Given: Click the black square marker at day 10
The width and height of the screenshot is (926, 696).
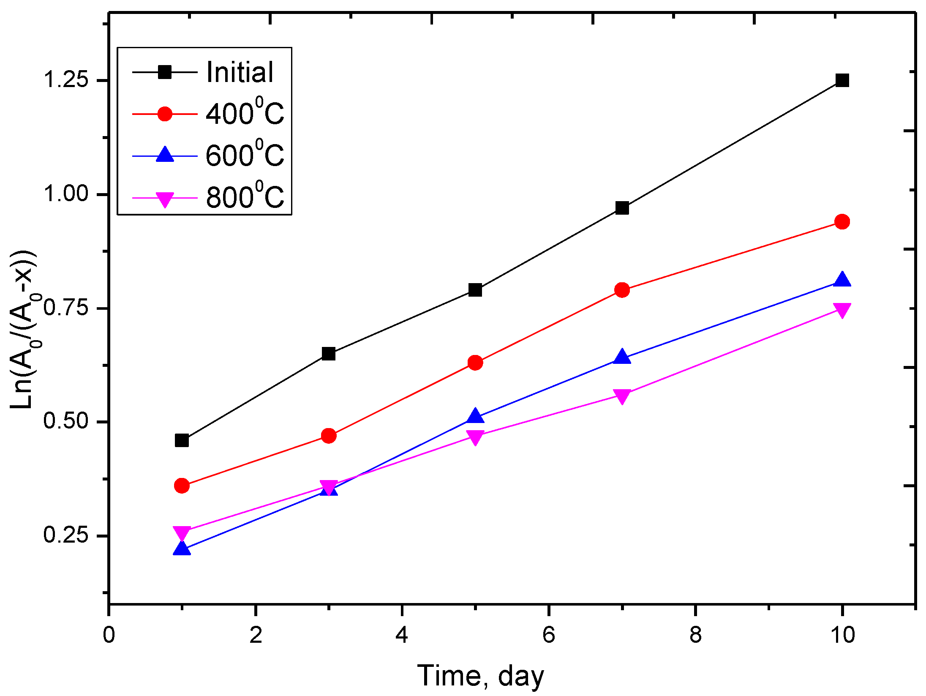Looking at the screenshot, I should pos(842,80).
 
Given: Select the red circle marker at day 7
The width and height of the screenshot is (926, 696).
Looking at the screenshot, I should pos(622,290).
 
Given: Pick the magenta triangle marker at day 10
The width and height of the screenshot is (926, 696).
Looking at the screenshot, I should pos(842,310).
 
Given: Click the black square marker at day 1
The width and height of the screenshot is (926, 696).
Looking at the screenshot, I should pos(182,440).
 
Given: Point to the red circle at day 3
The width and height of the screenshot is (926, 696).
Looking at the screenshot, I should pos(329,436).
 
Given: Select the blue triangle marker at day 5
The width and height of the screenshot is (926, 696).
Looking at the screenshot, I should pos(475,416).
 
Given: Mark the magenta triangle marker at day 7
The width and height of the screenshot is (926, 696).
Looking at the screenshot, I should pos(622,396).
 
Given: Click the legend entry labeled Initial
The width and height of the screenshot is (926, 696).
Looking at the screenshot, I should pos(240,72).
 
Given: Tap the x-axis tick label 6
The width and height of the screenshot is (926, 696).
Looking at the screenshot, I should pos(548,635).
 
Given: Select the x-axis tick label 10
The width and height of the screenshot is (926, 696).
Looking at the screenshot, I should pos(842,635).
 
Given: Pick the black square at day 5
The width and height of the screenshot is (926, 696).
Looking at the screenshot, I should pos(475,290).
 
